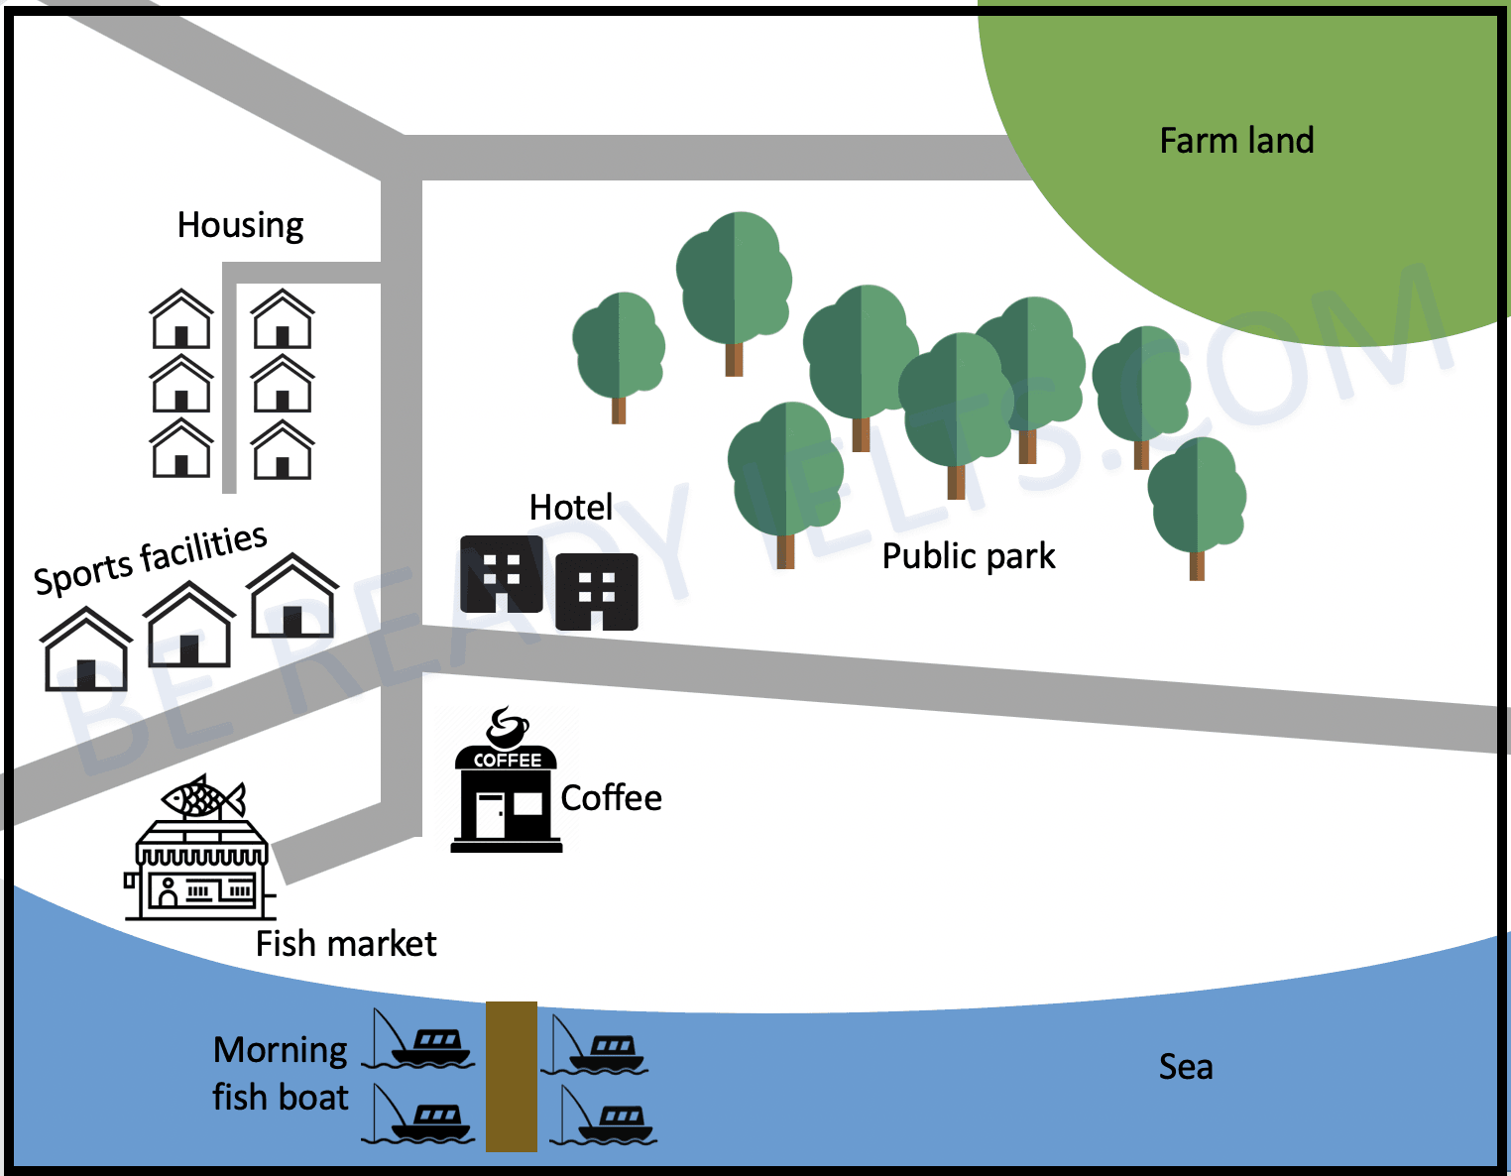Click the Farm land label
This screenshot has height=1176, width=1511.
tap(1236, 140)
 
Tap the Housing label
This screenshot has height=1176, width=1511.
tap(241, 225)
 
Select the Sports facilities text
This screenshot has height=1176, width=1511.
tap(150, 559)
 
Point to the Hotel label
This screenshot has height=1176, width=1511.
tap(571, 507)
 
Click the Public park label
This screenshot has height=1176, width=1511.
tap(969, 557)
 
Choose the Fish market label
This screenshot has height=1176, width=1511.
tap(346, 944)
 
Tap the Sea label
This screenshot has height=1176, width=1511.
tap(1186, 1067)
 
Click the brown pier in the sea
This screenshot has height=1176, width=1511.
tap(511, 1077)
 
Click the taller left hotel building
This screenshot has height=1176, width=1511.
tap(502, 574)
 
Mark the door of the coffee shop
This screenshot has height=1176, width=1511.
tap(490, 815)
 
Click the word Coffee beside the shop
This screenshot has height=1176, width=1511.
tap(611, 797)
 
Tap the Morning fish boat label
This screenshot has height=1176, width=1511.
tap(281, 1074)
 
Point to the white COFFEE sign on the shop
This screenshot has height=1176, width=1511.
tap(507, 761)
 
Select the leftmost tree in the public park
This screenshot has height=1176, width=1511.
tap(618, 356)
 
